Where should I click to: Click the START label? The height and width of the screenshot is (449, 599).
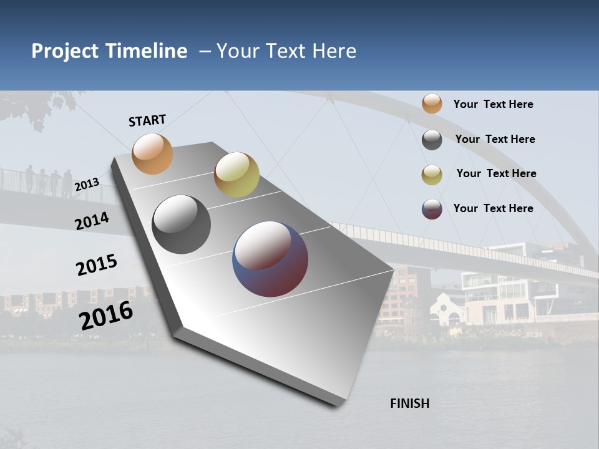[147, 120]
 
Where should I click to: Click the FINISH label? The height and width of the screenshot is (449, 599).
[409, 403]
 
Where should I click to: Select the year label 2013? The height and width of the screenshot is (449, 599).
[87, 184]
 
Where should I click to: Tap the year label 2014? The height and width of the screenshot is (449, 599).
[92, 221]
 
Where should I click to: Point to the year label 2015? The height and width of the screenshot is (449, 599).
[96, 265]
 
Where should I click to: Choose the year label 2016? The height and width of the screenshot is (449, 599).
[106, 315]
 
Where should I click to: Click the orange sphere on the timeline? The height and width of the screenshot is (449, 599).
[152, 153]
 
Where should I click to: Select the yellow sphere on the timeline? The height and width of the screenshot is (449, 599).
[236, 175]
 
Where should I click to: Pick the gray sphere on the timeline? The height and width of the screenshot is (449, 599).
[181, 224]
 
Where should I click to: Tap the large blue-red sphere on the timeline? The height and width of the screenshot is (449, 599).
[270, 259]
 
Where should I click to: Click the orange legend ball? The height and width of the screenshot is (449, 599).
[432, 104]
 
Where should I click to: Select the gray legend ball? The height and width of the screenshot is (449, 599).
[432, 140]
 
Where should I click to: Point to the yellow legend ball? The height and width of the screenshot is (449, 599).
[432, 175]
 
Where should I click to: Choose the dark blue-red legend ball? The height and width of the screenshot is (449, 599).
[432, 209]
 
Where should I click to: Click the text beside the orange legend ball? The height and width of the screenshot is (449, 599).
[493, 104]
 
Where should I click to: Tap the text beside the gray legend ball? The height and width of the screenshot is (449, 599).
[495, 139]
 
